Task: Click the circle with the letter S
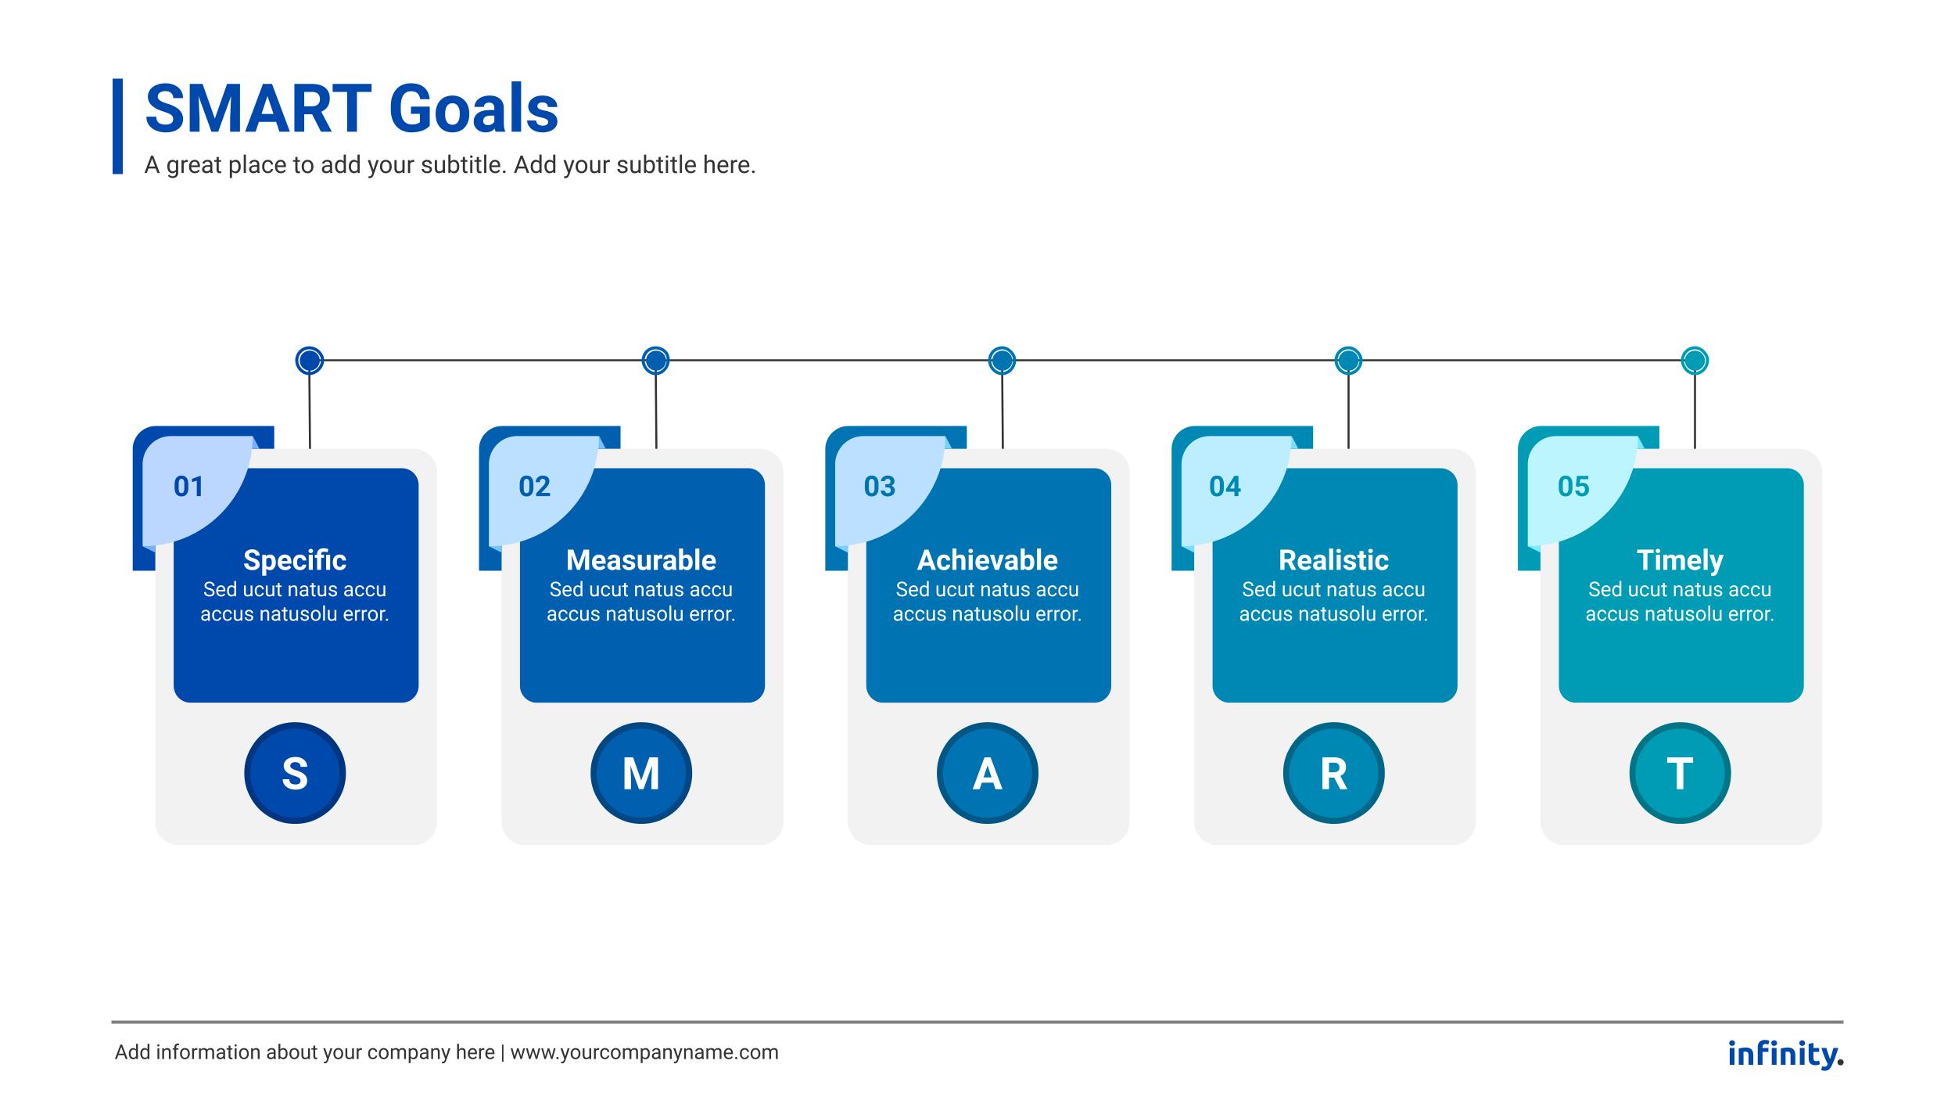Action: click(295, 773)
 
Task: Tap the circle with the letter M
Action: click(641, 773)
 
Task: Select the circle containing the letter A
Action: click(988, 773)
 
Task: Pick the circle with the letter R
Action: click(1334, 773)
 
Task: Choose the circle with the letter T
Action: click(1681, 773)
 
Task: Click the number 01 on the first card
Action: click(188, 487)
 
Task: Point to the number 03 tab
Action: click(880, 487)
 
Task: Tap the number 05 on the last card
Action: click(1573, 487)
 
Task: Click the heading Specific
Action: click(295, 560)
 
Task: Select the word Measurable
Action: click(641, 560)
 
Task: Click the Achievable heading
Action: click(988, 560)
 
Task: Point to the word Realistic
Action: click(1334, 560)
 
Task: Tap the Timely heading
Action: click(1680, 561)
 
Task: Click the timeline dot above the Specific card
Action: click(310, 361)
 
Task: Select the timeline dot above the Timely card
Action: click(1695, 361)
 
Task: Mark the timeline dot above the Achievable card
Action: click(1003, 361)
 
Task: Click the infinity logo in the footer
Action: click(1785, 1054)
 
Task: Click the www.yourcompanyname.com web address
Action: click(644, 1053)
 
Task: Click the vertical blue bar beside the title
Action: click(117, 126)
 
